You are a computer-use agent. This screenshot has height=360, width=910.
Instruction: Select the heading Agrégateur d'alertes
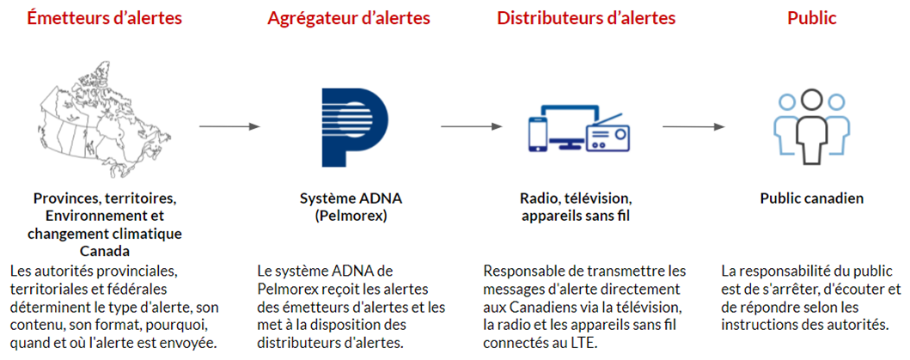pos(348,18)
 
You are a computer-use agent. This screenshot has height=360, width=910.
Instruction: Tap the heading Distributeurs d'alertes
pos(586,18)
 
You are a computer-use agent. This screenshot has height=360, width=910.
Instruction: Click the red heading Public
pos(811,18)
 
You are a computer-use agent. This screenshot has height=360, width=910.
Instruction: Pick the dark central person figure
pos(811,128)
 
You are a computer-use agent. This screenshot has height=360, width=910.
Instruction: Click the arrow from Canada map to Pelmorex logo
pos(229,126)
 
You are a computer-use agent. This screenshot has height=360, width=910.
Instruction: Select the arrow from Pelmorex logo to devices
pos(471,126)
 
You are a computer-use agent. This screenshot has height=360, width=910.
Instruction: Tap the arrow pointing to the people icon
pos(693,126)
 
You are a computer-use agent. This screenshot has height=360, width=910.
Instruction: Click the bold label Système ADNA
pos(351,198)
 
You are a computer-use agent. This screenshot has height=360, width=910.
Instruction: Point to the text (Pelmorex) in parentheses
pos(351,216)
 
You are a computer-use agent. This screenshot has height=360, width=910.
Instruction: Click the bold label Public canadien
pos(811,198)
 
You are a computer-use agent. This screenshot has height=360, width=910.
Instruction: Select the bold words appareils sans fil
pos(576,216)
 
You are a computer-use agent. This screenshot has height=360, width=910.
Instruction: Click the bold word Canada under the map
pos(105,251)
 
